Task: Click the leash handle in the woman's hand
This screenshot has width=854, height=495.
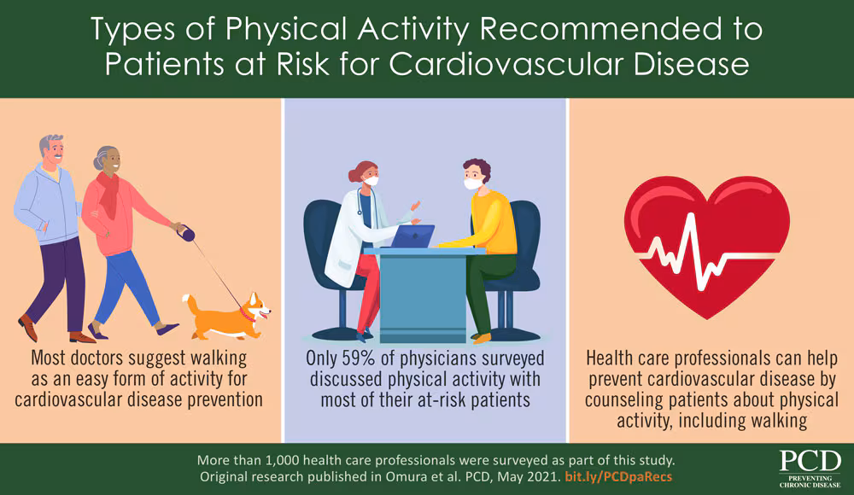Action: (x=183, y=230)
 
